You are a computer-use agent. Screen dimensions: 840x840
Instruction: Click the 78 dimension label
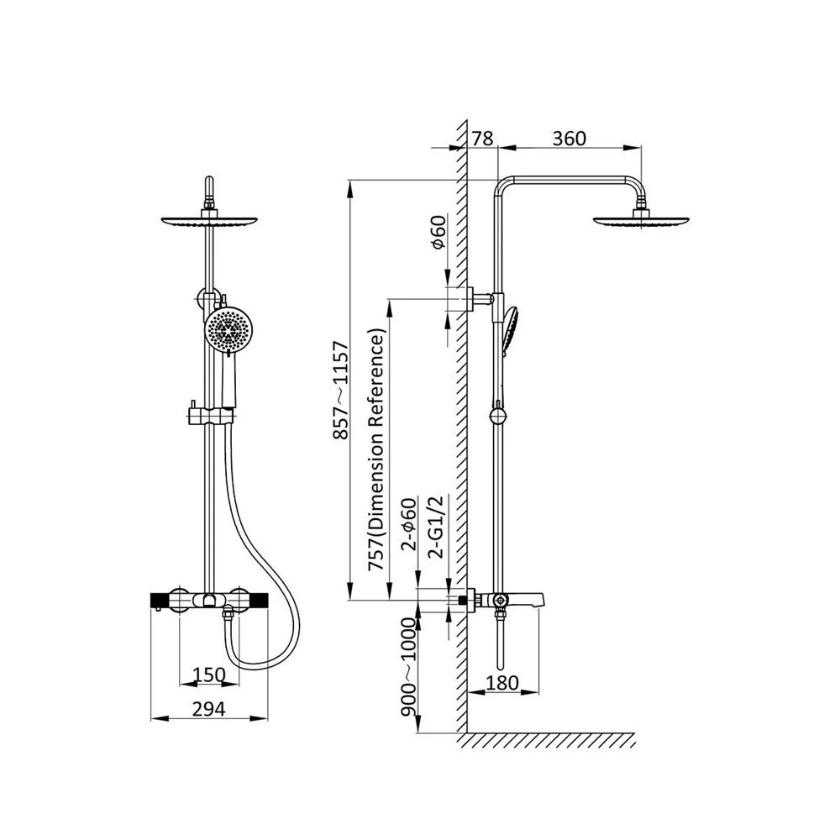click(x=482, y=139)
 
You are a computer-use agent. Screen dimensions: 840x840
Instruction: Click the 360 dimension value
click(x=570, y=139)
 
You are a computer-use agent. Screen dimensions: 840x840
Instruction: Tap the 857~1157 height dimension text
click(x=341, y=391)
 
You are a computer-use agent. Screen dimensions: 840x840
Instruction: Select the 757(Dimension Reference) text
click(x=376, y=452)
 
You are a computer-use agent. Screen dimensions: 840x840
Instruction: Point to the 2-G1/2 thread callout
click(x=437, y=528)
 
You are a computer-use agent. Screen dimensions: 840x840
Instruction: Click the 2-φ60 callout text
click(x=409, y=524)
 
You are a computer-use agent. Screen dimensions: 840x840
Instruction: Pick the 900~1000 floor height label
click(x=409, y=667)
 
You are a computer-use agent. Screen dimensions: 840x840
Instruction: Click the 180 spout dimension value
click(x=502, y=682)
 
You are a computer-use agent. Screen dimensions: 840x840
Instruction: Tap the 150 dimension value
click(x=208, y=675)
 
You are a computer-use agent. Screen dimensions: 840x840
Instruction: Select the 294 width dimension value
click(x=209, y=709)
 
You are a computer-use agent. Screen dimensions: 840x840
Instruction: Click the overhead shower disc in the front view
click(x=209, y=220)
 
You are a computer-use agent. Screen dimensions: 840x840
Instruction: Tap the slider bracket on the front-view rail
click(x=211, y=416)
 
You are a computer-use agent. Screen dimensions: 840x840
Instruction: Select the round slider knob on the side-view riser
click(x=497, y=417)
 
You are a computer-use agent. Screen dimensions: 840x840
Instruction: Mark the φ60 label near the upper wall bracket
click(x=438, y=232)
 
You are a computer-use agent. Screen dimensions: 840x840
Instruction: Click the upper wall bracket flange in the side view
click(x=470, y=298)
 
